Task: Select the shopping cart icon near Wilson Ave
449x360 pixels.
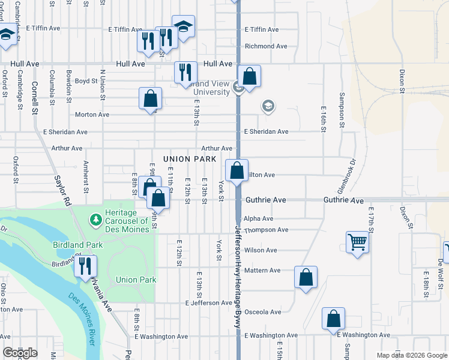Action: tap(357, 242)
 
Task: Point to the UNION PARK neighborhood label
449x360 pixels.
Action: tap(189, 159)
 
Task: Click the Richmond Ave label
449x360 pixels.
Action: tap(266, 46)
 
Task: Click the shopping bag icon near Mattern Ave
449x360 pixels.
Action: tap(306, 277)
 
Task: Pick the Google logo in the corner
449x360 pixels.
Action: tap(20, 353)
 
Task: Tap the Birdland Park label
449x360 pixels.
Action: tap(77, 245)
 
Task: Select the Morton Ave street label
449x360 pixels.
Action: tap(92, 115)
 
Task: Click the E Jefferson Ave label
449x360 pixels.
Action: tap(208, 303)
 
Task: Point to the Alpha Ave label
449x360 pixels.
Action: tap(259, 219)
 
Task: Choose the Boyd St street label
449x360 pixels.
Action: tap(86, 81)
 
